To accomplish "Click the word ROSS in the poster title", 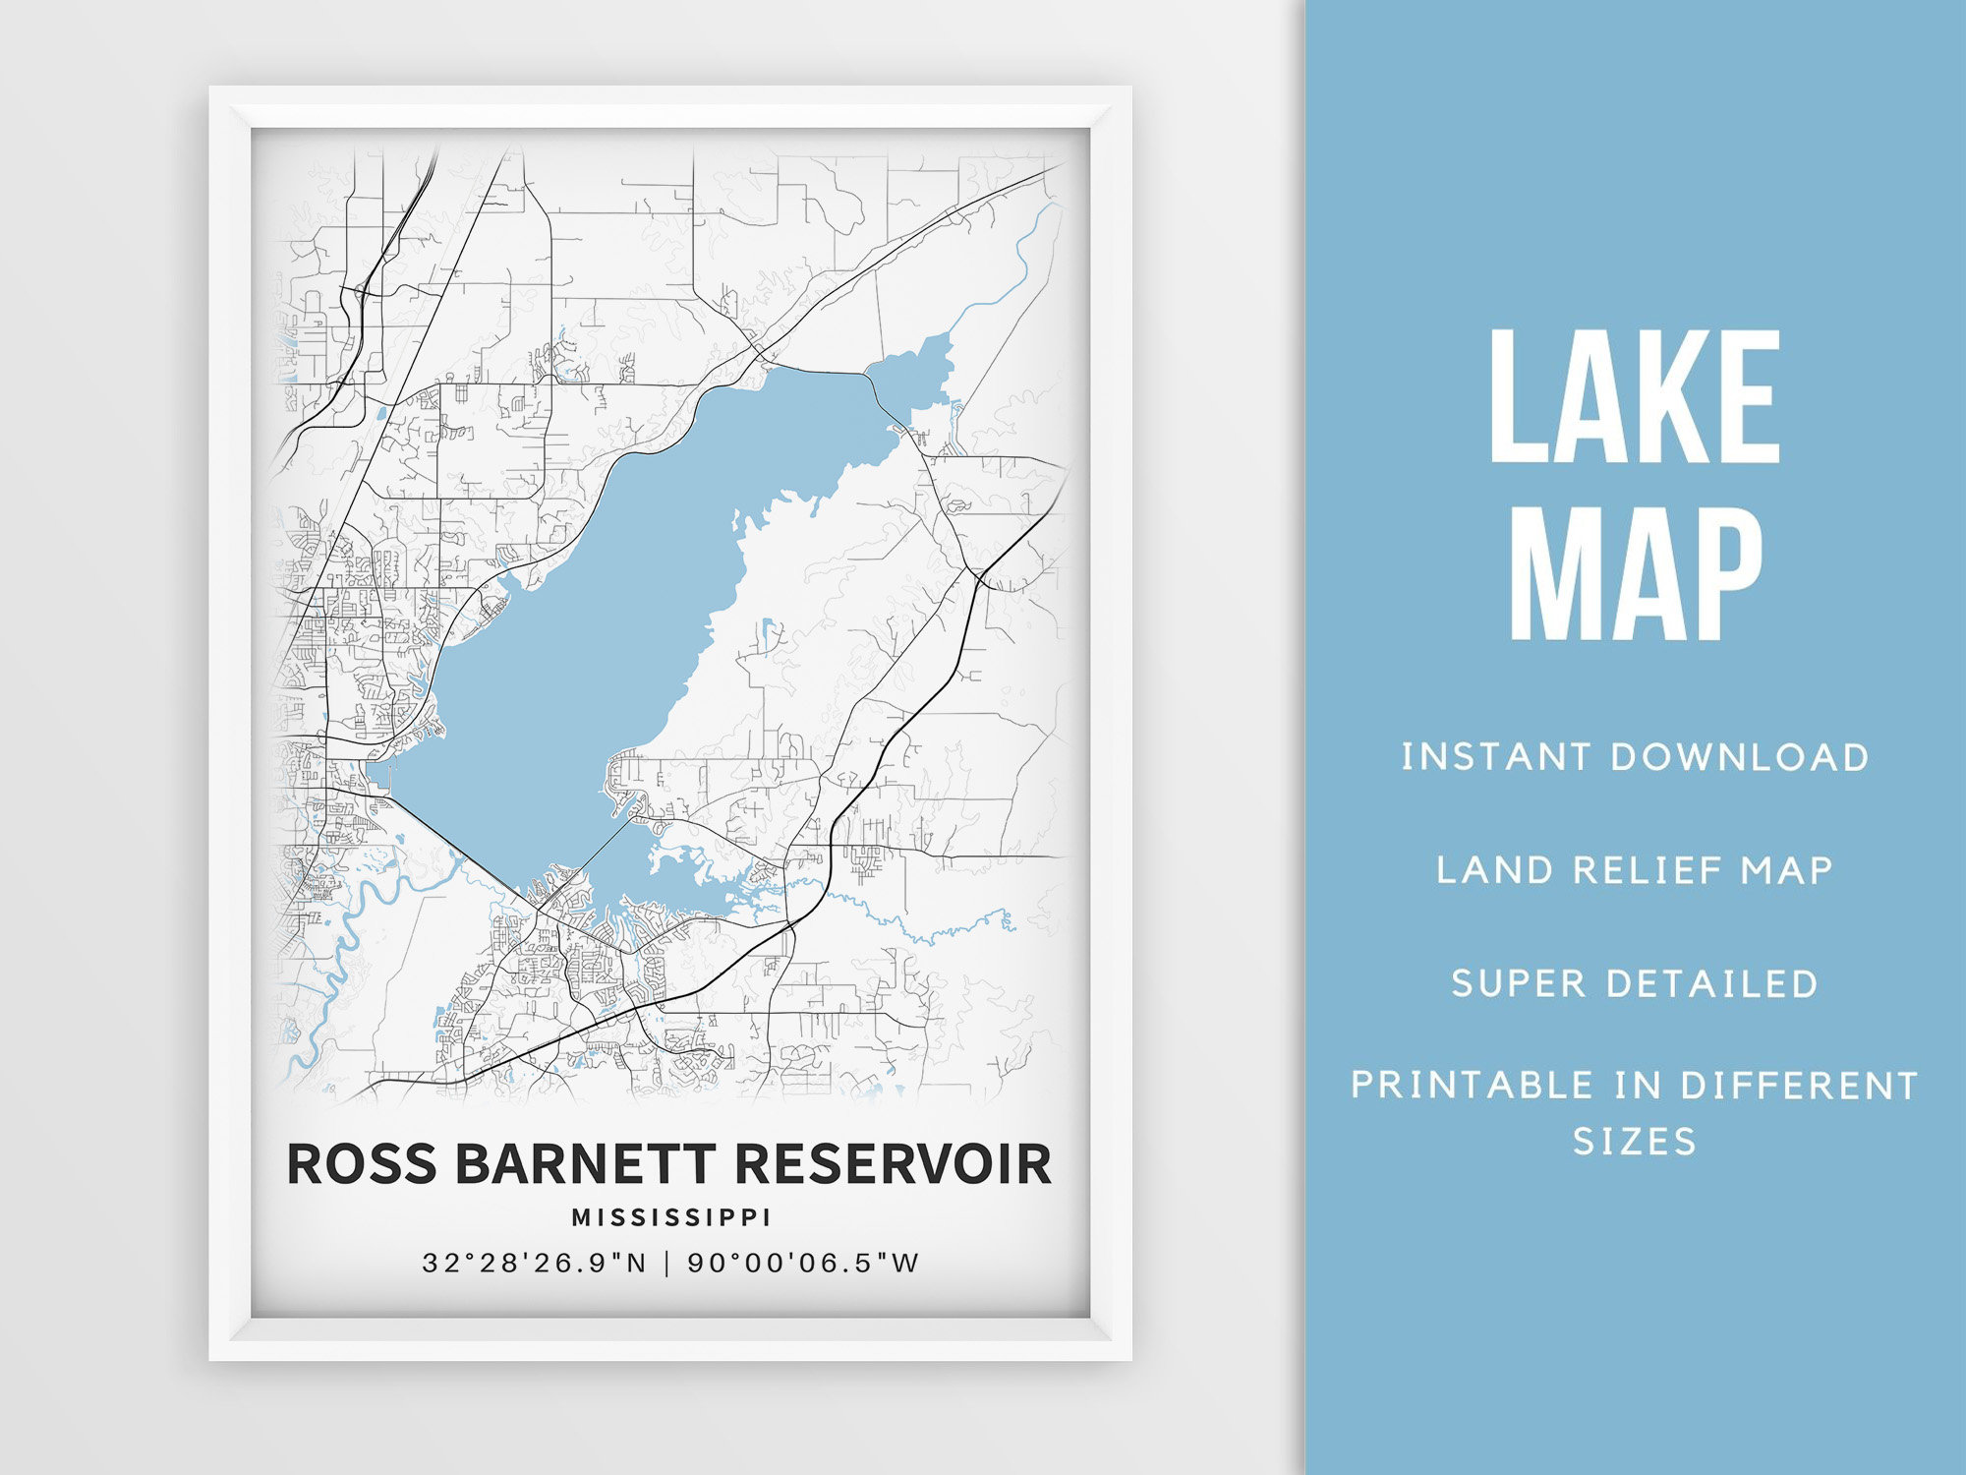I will pyautogui.click(x=361, y=1163).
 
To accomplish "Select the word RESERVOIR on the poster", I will pyautogui.click(x=893, y=1163).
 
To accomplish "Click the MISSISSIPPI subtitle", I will pyautogui.click(x=671, y=1217).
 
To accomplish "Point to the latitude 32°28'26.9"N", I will pyautogui.click(x=535, y=1263).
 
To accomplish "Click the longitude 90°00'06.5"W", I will pyautogui.click(x=803, y=1263).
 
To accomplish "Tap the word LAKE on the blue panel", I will pyautogui.click(x=1635, y=397).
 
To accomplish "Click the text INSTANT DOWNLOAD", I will pyautogui.click(x=1635, y=756).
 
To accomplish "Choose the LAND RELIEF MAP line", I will pyautogui.click(x=1635, y=870).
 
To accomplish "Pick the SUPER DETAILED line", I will pyautogui.click(x=1635, y=983).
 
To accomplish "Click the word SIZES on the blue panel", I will pyautogui.click(x=1635, y=1142).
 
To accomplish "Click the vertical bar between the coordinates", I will pyautogui.click(x=667, y=1263).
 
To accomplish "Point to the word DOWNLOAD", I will pyautogui.click(x=1740, y=756).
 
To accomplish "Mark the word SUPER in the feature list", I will pyautogui.click(x=1519, y=983).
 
